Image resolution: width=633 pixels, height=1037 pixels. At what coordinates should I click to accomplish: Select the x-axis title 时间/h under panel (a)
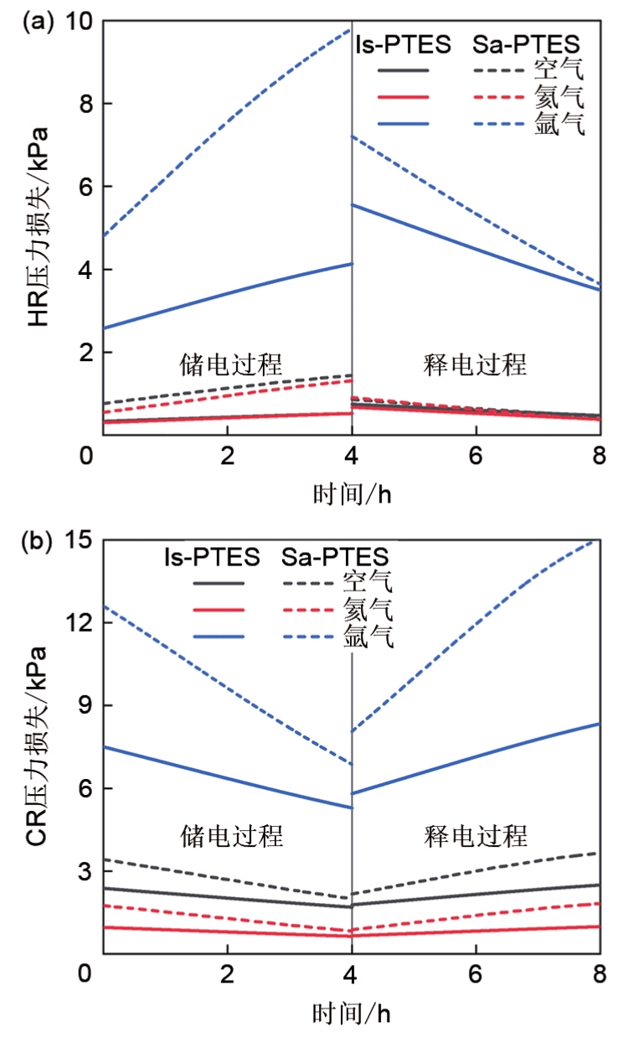click(351, 494)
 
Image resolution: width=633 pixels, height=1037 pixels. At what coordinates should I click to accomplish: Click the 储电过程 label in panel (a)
click(231, 364)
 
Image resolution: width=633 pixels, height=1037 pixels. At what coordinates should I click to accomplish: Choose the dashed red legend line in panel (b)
click(307, 610)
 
